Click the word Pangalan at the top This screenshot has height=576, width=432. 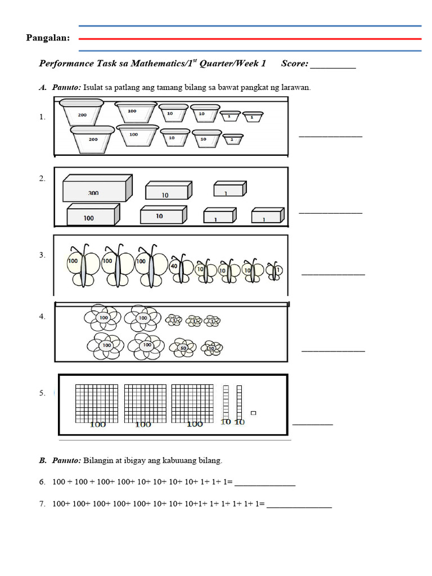48,38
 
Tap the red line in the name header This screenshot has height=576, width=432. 250,39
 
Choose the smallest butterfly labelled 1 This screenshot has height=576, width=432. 275,271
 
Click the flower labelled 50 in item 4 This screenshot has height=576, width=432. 184,348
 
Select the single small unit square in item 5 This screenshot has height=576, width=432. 253,413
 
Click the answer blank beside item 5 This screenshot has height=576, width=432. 312,424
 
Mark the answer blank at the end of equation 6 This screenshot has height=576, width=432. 264,485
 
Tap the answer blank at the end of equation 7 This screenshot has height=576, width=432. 299,507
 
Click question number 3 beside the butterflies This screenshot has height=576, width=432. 42,255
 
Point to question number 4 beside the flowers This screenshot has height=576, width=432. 42,317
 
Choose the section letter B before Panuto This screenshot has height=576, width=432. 42,461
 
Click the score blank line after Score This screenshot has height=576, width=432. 333,67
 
